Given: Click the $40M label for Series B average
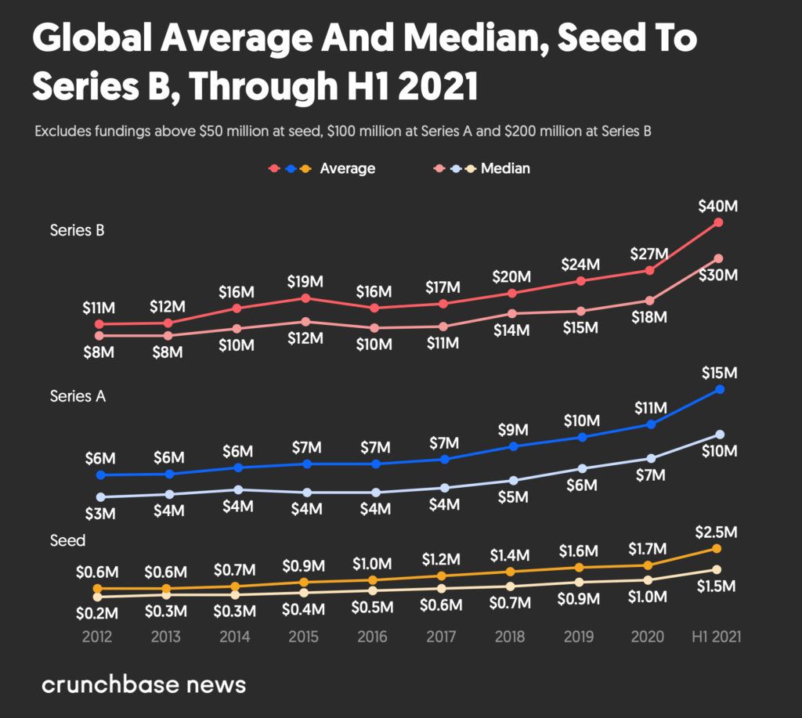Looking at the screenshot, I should pyautogui.click(x=718, y=206).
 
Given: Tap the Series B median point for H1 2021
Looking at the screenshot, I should pyautogui.click(x=718, y=258).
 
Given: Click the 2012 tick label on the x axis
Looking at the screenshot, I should pyautogui.click(x=97, y=637).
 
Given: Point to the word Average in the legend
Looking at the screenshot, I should pyautogui.click(x=347, y=168).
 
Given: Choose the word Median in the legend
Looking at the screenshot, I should pyautogui.click(x=505, y=168).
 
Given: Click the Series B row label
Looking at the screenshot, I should pyautogui.click(x=78, y=230).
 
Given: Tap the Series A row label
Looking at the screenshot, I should pyautogui.click(x=78, y=396).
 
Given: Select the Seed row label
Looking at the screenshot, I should pyautogui.click(x=67, y=540).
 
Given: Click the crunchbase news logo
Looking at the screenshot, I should pyautogui.click(x=143, y=684).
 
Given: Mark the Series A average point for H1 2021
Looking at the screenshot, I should pyautogui.click(x=718, y=389).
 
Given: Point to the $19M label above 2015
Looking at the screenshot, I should pyautogui.click(x=305, y=281).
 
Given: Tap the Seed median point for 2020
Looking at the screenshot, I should pyautogui.click(x=648, y=580).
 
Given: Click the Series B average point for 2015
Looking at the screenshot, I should pyautogui.click(x=305, y=298).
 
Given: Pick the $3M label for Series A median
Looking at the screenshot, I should pyautogui.click(x=99, y=514).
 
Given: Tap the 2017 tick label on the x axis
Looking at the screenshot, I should pyautogui.click(x=442, y=637).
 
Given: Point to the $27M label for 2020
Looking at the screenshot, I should pyautogui.click(x=649, y=254).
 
